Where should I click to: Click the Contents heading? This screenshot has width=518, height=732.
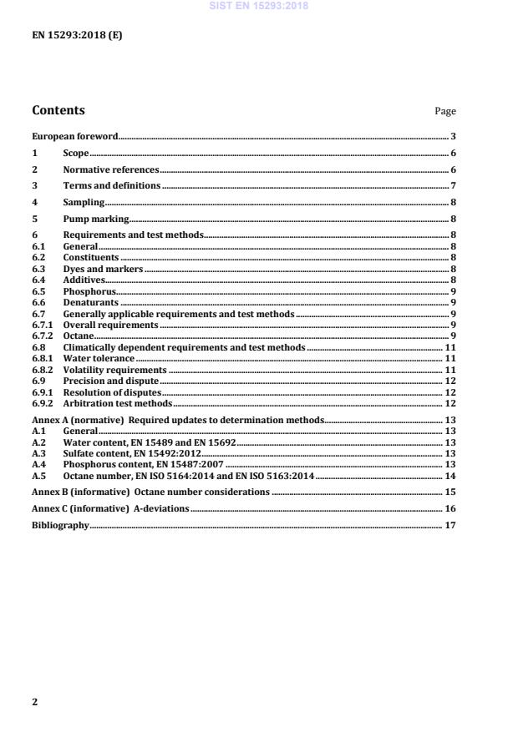(58, 110)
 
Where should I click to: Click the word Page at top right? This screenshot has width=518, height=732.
(445, 111)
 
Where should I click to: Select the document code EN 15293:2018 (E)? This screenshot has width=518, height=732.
(77, 36)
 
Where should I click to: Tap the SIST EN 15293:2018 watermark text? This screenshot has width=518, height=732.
(258, 5)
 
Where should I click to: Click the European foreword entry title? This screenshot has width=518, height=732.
(74, 136)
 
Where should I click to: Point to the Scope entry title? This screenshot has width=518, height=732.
(76, 154)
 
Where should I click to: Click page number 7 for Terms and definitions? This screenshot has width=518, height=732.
(452, 185)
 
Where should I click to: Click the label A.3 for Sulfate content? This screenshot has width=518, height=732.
(38, 452)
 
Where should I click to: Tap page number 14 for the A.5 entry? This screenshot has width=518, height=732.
(449, 474)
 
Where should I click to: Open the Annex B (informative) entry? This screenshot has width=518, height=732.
(150, 492)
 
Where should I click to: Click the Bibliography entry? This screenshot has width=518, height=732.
(59, 526)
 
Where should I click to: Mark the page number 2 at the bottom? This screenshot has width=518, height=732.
(35, 702)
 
